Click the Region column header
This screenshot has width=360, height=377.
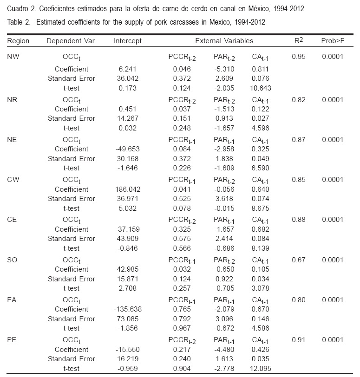[x=18, y=41]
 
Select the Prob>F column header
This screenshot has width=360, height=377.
[x=332, y=41]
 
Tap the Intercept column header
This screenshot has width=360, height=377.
[x=127, y=41]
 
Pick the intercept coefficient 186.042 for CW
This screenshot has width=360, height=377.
[x=127, y=189]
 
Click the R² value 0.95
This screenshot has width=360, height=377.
[x=298, y=57]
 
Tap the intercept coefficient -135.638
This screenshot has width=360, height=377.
[x=127, y=309]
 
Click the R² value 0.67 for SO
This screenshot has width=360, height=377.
[x=298, y=260]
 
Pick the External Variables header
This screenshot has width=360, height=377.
[x=224, y=41]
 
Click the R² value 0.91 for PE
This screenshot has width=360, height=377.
[x=298, y=340]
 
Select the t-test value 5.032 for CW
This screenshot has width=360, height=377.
[x=127, y=208]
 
